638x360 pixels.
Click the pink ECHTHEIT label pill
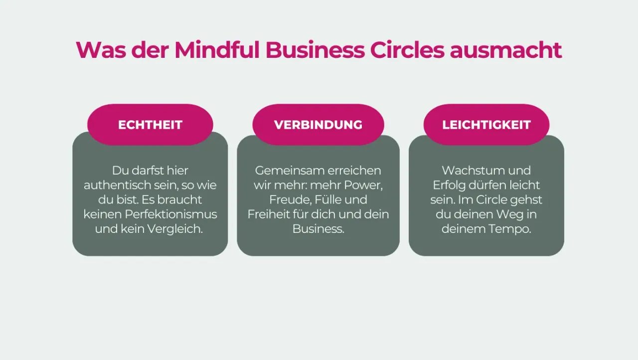150,125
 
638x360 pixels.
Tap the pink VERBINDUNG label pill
318,125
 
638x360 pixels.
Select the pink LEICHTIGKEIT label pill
486,125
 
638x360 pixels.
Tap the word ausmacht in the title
505,50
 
